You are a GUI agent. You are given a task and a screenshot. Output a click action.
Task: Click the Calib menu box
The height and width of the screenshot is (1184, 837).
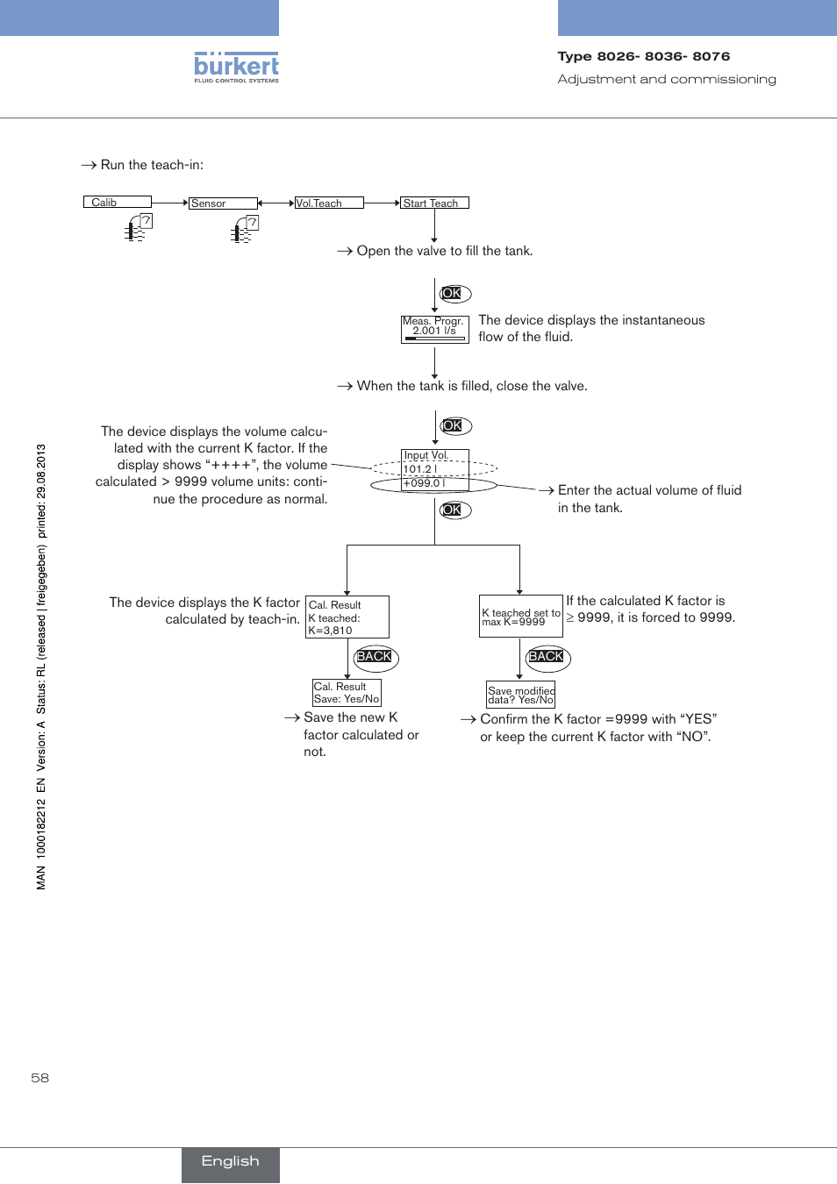click(x=118, y=202)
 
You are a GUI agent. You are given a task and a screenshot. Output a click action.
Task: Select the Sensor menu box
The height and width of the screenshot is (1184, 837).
click(x=223, y=203)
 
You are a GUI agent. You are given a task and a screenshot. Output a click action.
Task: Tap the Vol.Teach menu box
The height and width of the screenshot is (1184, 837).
click(x=329, y=203)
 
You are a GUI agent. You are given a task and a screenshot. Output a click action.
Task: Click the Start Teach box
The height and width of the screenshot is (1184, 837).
click(x=434, y=203)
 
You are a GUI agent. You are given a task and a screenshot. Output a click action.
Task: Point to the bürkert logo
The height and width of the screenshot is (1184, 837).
click(x=236, y=68)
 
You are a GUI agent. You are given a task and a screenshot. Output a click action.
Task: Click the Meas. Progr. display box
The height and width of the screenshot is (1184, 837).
click(x=434, y=329)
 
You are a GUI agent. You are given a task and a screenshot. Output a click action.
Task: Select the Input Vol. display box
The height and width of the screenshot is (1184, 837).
click(x=434, y=470)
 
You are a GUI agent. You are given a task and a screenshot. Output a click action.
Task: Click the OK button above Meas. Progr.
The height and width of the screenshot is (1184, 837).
click(x=454, y=293)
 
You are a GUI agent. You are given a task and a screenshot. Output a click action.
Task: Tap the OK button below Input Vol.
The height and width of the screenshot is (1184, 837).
click(x=454, y=510)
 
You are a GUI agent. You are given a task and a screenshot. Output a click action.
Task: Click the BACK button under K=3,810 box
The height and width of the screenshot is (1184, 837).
click(x=376, y=658)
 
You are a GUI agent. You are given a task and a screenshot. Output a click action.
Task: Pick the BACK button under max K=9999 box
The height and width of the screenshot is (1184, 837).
click(x=547, y=658)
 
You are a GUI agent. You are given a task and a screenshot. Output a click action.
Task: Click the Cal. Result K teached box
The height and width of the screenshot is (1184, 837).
click(x=347, y=617)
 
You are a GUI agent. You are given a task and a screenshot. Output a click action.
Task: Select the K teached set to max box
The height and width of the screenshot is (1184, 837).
click(x=521, y=617)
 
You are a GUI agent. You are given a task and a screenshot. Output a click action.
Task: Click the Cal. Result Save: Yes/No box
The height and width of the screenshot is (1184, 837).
click(x=347, y=693)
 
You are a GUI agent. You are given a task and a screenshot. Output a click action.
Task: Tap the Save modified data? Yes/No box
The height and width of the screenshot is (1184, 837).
click(x=521, y=695)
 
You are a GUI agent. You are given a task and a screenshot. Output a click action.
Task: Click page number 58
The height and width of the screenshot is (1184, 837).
click(x=40, y=1078)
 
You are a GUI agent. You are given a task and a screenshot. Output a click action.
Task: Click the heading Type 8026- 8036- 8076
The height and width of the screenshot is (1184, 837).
click(x=643, y=56)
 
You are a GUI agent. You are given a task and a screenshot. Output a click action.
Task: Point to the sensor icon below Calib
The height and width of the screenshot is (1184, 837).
click(x=138, y=228)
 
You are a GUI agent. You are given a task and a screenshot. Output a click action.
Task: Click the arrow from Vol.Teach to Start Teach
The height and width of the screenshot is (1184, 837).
click(x=382, y=203)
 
